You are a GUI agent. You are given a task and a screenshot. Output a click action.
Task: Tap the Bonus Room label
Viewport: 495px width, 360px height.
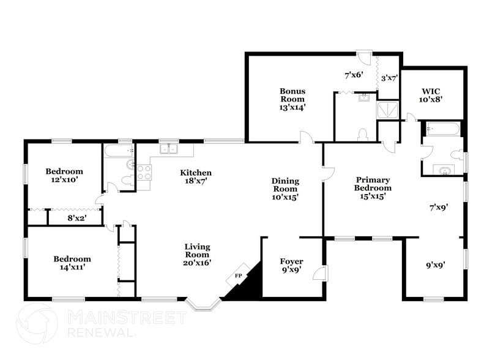pos(292,99)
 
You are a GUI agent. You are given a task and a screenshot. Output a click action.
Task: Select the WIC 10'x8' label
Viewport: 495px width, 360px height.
pos(431,94)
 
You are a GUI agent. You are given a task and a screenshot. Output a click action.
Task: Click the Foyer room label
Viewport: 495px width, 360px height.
pos(291,266)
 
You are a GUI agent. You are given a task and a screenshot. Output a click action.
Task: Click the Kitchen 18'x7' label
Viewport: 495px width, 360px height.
pos(196,178)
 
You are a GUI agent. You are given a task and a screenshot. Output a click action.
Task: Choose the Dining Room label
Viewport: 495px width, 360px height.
pos(285,189)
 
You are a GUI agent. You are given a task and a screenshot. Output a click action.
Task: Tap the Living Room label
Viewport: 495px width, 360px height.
pos(197,254)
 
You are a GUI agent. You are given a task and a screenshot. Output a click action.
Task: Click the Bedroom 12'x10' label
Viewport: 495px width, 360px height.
pos(64,176)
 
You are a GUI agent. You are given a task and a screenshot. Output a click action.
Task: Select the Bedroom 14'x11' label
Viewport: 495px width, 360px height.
pos(72,263)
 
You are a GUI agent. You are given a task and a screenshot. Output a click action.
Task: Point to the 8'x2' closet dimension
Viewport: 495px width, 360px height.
pos(76,217)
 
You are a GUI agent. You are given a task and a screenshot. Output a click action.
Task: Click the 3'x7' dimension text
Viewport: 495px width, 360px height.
pos(390,78)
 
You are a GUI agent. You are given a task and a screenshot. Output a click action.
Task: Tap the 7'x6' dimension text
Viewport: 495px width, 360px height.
pos(354,75)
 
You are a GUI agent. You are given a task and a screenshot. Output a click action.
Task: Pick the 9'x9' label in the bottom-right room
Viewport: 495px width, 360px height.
pos(435,265)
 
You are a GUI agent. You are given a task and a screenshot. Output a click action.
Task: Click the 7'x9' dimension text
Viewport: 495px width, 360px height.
pos(439,208)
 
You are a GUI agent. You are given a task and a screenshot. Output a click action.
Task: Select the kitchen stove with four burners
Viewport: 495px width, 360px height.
pos(144,173)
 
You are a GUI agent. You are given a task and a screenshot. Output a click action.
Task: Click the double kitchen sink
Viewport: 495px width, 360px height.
pos(167,149)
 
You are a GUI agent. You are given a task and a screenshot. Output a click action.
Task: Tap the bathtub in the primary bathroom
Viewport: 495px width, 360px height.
pos(442,129)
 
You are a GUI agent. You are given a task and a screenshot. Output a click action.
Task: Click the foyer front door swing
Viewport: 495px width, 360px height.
pos(320,273)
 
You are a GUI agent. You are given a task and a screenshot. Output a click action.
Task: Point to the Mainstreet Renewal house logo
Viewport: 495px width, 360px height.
pos(37,323)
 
